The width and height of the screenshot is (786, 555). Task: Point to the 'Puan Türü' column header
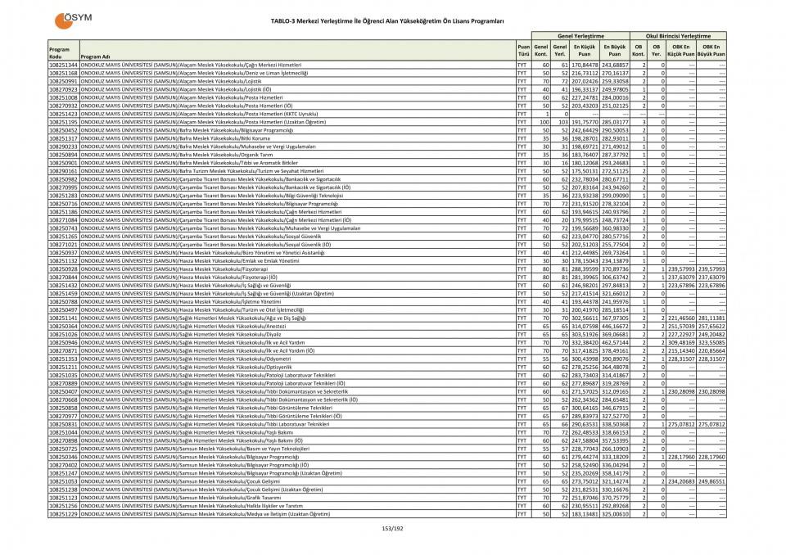(x=522, y=50)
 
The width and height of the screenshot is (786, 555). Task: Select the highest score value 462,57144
(x=616, y=342)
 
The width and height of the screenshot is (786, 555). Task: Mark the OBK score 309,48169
(x=681, y=342)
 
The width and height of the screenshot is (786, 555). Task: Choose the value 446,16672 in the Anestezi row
(x=616, y=326)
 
